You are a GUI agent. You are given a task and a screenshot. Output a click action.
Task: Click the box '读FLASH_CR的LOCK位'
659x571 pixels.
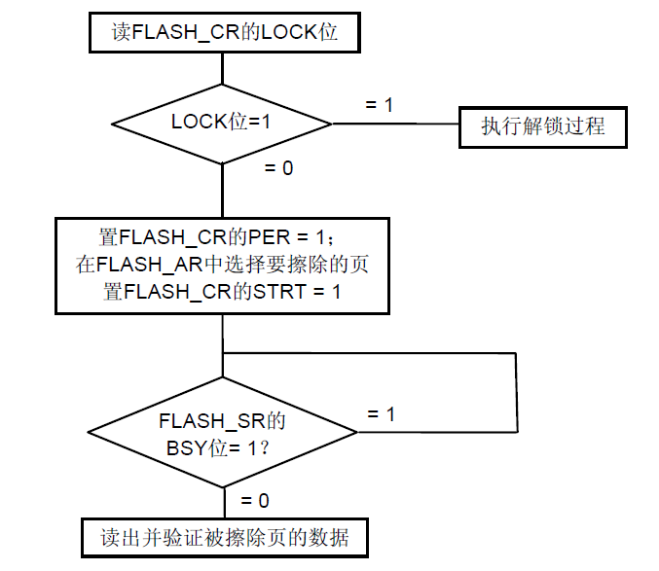[223, 31]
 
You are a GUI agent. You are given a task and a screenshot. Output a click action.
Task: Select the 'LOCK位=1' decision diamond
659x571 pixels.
[223, 124]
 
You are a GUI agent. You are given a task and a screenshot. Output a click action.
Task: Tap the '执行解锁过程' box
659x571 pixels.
[542, 126]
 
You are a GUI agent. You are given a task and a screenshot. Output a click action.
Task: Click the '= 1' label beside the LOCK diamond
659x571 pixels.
[379, 104]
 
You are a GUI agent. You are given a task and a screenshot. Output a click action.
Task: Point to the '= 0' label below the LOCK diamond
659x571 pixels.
[278, 168]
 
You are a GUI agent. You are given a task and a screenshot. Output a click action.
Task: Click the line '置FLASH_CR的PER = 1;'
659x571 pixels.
[223, 236]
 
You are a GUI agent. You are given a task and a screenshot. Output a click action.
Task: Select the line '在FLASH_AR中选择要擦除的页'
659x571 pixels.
[223, 265]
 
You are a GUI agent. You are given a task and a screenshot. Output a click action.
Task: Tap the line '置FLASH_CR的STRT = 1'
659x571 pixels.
[223, 292]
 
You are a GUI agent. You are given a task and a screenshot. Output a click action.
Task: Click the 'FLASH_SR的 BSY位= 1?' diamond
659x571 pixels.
[223, 432]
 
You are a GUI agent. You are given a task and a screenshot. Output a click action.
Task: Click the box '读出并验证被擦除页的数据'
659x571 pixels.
[225, 537]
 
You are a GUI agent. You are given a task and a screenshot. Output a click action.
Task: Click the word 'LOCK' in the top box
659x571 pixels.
[290, 31]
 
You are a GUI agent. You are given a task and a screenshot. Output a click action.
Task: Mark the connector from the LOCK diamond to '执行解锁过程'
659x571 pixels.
[395, 125]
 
